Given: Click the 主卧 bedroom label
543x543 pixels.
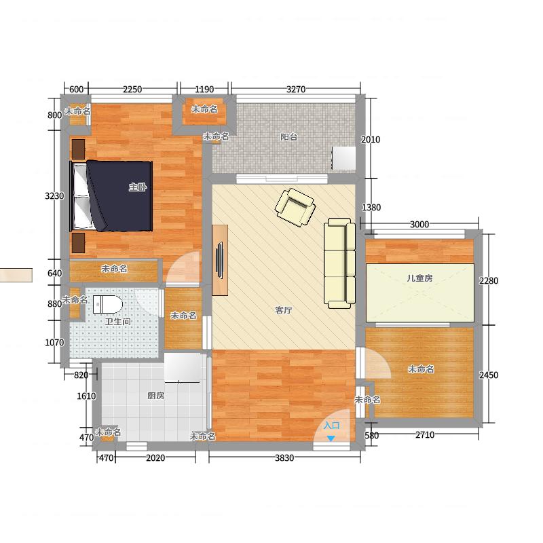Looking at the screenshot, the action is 138,187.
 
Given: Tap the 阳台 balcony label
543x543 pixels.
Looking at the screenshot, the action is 289,137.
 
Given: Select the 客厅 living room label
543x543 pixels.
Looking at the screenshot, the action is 284,310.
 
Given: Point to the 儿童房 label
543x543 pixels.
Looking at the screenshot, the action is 419,278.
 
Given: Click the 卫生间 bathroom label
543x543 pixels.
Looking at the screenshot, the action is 117,322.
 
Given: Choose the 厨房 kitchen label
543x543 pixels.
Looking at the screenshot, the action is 156,396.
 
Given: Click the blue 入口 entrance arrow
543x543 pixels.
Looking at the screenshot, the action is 331,438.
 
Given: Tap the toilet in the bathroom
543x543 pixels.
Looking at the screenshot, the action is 108,304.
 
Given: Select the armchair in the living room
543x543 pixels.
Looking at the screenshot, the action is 295,207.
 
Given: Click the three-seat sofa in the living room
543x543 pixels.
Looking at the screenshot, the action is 340,263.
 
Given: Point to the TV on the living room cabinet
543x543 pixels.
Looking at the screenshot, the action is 219,260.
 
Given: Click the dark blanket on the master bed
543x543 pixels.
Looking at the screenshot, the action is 119,195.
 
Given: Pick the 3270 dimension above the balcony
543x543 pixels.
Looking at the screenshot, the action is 296,90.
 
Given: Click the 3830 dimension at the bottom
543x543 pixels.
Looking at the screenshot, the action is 284,457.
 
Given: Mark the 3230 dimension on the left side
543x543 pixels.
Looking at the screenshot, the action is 54,196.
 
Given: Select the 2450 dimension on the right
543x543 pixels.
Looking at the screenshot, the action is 489,375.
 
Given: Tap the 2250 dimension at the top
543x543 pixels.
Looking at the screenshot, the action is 132,90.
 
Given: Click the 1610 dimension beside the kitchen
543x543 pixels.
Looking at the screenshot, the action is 86,396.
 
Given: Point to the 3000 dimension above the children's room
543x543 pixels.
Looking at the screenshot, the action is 419,225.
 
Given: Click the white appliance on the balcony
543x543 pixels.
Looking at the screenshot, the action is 344,158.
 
